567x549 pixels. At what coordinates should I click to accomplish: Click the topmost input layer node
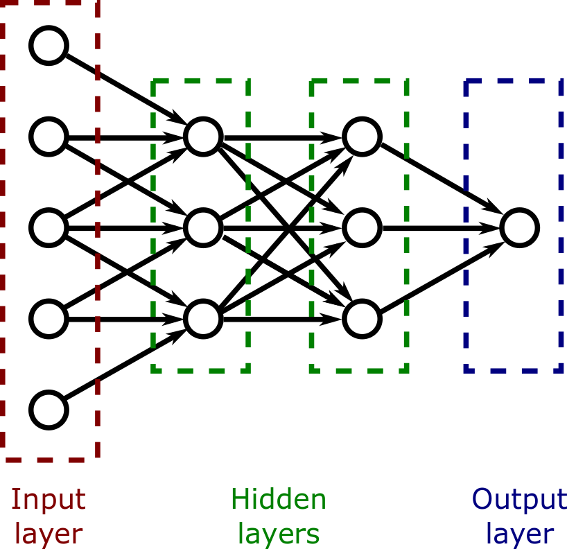tap(49, 45)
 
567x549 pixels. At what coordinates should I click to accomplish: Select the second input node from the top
tap(49, 136)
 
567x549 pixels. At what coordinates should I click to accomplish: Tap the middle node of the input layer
tap(49, 227)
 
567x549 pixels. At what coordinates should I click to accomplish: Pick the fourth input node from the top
tap(49, 318)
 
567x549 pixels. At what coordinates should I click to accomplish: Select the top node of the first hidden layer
tap(202, 136)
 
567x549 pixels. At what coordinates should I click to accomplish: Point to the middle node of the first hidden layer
tap(202, 227)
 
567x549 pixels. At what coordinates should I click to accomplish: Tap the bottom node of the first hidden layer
tap(202, 318)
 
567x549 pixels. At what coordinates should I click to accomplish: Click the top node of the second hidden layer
tap(361, 136)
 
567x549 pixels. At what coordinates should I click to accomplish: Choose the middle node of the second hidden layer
tap(361, 227)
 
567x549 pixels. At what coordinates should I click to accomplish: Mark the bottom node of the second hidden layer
tap(361, 318)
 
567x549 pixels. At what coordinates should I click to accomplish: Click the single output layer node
tap(520, 227)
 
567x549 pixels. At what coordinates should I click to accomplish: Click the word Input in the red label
tap(49, 499)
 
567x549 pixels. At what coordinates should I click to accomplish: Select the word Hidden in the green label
tap(278, 499)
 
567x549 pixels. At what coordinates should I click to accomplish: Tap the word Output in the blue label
tap(518, 499)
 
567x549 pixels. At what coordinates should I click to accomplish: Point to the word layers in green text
tap(278, 534)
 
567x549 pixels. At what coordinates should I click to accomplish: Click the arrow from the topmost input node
tap(125, 90)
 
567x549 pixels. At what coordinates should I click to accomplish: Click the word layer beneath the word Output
tap(518, 534)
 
